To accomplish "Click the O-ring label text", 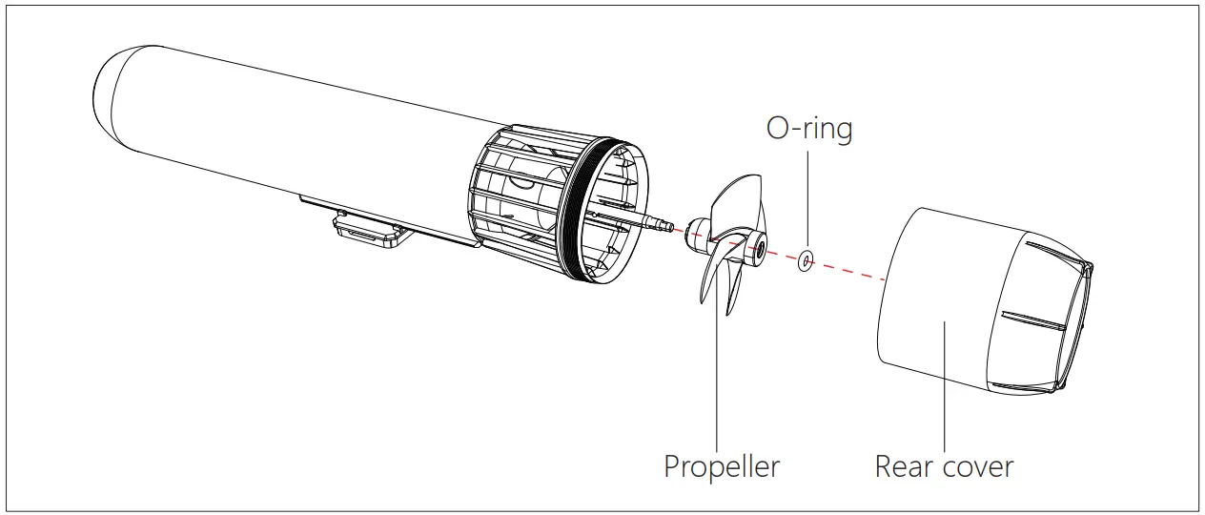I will [x=809, y=129].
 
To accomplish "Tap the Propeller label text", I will [x=722, y=467].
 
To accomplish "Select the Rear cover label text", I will [x=944, y=467].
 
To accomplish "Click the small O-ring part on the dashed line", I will [x=807, y=259].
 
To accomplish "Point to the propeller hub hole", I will [x=761, y=251].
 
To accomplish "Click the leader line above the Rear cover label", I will [x=944, y=381].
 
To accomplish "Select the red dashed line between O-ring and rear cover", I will [x=848, y=269].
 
